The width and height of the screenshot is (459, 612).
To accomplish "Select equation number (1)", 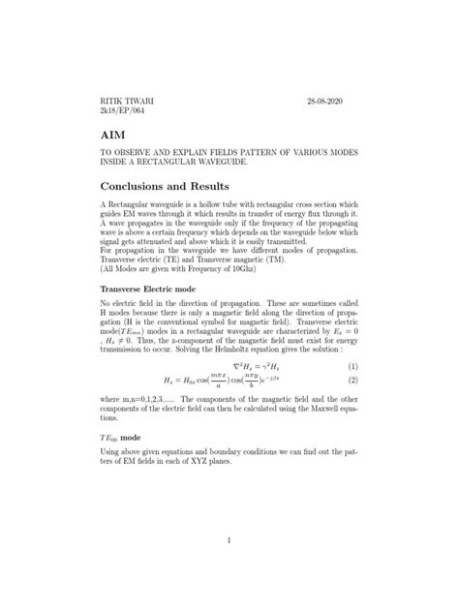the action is point(352,367).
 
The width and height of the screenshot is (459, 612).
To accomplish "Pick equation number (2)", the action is point(352,383).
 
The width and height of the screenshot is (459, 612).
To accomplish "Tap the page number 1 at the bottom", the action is point(229,540).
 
